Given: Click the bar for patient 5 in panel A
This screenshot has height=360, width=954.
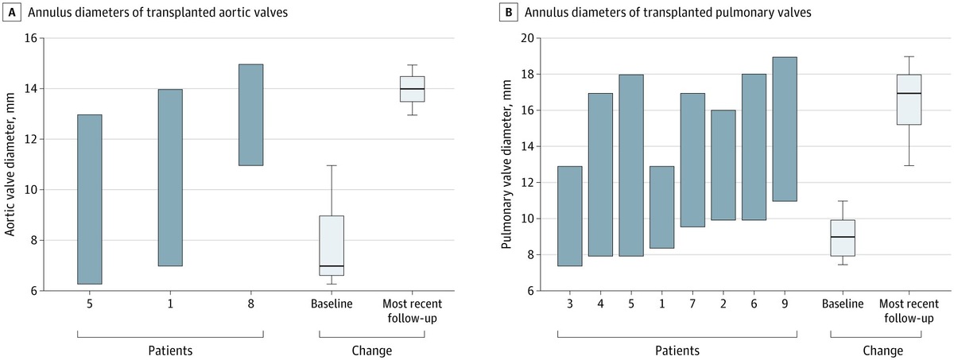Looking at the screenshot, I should tap(89, 199).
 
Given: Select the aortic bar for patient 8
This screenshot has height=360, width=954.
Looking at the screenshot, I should tap(250, 114).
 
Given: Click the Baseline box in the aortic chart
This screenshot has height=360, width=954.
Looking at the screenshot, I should tap(331, 246).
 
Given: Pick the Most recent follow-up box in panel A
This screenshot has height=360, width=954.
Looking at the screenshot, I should tap(412, 89).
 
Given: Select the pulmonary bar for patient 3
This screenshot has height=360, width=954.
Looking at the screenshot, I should tap(569, 215).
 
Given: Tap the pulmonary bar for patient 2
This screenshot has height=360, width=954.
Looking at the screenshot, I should tap(723, 165).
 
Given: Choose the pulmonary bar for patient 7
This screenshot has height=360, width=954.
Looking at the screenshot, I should tap(692, 160).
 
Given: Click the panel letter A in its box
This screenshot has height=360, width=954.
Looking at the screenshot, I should tap(13, 14).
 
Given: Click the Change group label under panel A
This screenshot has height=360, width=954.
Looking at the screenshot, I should tap(371, 350).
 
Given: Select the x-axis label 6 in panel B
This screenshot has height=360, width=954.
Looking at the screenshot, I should tap(754, 306).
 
